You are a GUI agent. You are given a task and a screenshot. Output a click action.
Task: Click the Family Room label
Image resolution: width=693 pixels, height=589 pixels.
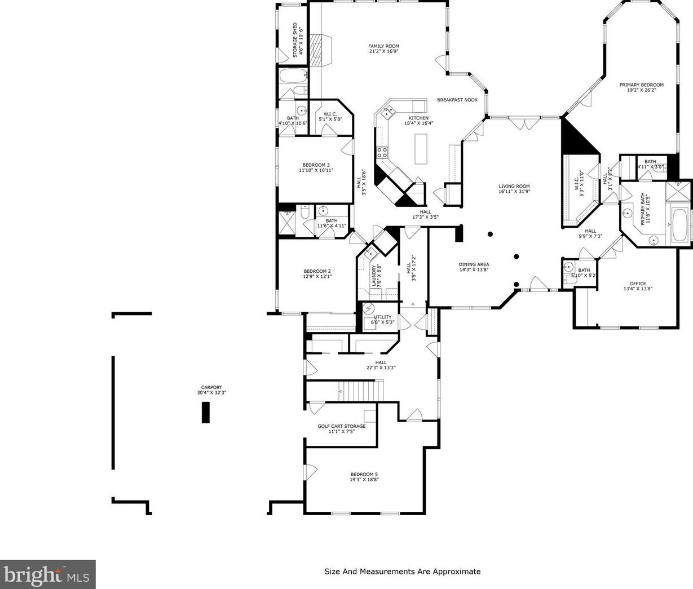(383, 46)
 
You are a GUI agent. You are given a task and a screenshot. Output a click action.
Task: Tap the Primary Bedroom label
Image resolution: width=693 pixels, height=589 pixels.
(641, 85)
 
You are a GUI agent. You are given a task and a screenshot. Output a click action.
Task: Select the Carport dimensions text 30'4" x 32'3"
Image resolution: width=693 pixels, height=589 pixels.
(211, 392)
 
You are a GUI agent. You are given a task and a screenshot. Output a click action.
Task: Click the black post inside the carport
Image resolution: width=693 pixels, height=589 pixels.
(205, 413)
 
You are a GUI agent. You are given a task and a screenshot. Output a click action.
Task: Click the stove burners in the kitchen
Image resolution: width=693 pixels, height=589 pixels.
(382, 153)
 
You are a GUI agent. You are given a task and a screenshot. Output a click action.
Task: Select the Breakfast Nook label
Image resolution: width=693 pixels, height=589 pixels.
(457, 100)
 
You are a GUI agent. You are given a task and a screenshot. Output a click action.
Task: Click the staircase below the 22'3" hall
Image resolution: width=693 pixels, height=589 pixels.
(360, 391)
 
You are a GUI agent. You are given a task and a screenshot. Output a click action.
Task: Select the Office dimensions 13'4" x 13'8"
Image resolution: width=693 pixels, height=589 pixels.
(638, 289)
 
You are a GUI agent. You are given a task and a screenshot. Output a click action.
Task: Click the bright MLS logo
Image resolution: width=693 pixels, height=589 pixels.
(47, 574)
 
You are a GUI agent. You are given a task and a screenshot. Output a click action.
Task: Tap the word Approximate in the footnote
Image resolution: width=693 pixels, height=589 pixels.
(456, 571)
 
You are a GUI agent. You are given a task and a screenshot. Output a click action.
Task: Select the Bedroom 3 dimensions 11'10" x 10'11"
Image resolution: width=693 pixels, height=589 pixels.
(316, 170)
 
